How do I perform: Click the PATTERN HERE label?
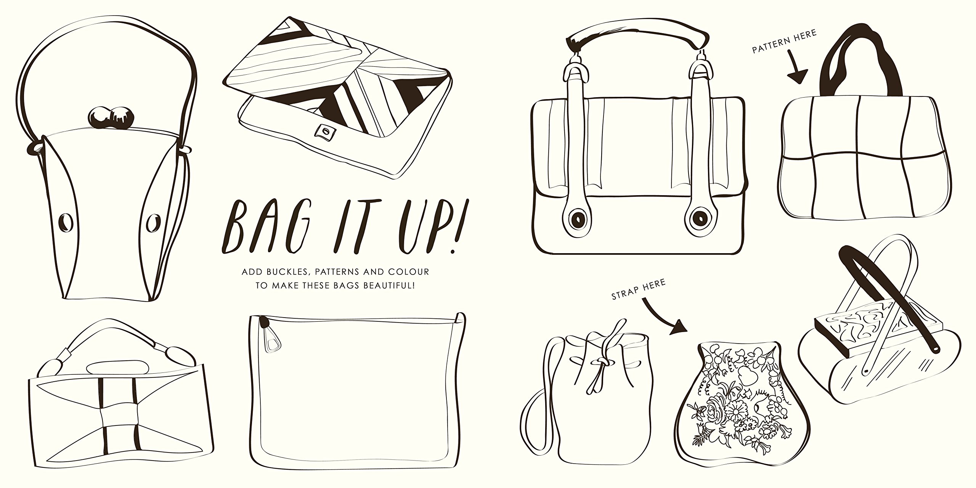click(x=784, y=43)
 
